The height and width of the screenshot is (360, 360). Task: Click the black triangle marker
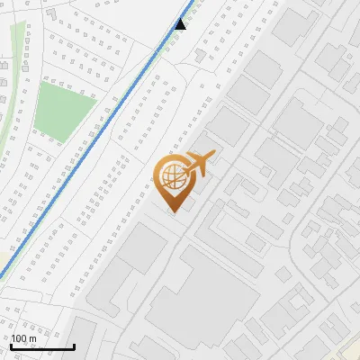[x=181, y=24]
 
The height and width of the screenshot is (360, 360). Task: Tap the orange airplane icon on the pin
[x=197, y=165]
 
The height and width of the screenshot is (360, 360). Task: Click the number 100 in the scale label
[x=18, y=338]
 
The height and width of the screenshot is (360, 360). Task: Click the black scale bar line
[x=41, y=346]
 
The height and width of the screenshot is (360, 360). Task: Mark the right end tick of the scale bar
[x=74, y=345]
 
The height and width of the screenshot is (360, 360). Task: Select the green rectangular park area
[x=65, y=112]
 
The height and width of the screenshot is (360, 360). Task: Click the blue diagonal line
[x=90, y=144]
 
